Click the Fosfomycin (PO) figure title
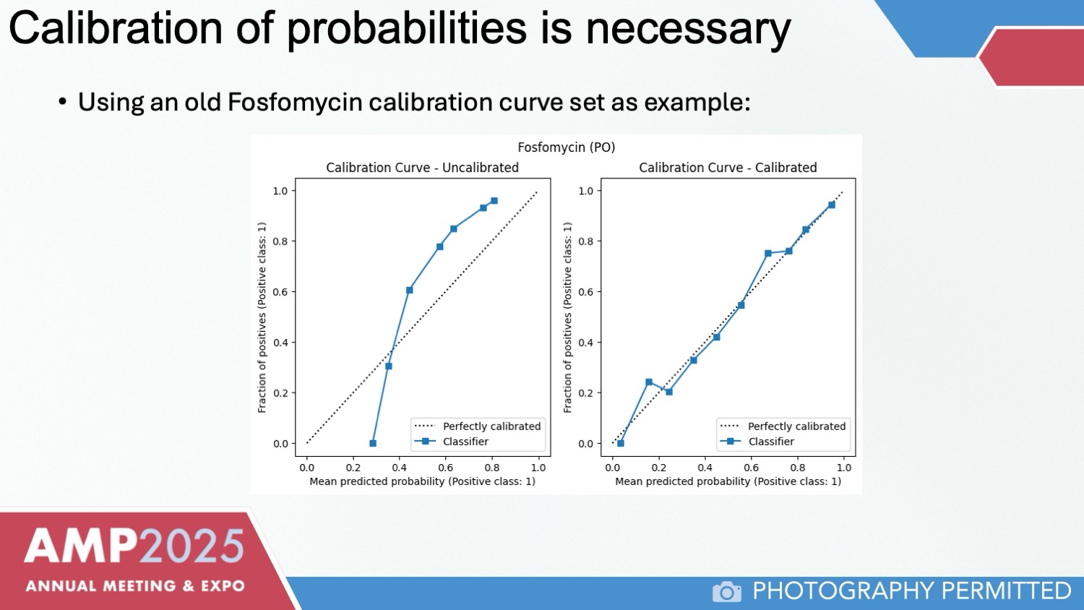coord(566,147)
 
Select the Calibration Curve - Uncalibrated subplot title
coord(422,168)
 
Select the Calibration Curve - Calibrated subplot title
coord(728,168)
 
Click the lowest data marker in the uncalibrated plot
coord(373,443)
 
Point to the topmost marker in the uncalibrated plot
coord(494,201)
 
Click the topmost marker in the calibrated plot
coord(832,205)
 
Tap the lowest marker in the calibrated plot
coord(621,443)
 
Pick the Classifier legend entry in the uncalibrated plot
coord(465,442)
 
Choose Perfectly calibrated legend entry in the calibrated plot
coord(796,426)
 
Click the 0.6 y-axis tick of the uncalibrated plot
coord(280,292)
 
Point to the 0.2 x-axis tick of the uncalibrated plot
coord(353,468)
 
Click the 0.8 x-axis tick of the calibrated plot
coord(798,468)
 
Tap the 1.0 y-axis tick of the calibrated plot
coord(586,191)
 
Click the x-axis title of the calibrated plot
coord(728,481)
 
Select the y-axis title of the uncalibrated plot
coord(262,317)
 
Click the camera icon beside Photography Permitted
coord(727,592)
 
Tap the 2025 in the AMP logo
coord(192,546)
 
